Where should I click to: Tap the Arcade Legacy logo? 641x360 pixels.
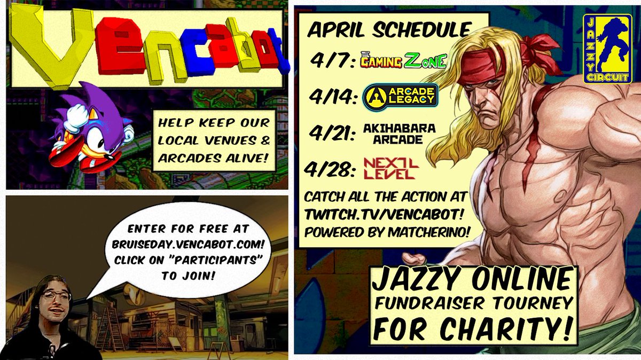[x=400, y=96]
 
